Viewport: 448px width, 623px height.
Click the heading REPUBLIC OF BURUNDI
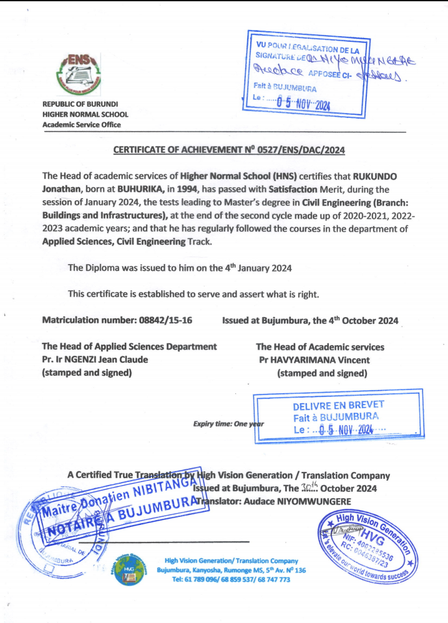[x=80, y=104]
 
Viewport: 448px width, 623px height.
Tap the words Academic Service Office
[x=81, y=125]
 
